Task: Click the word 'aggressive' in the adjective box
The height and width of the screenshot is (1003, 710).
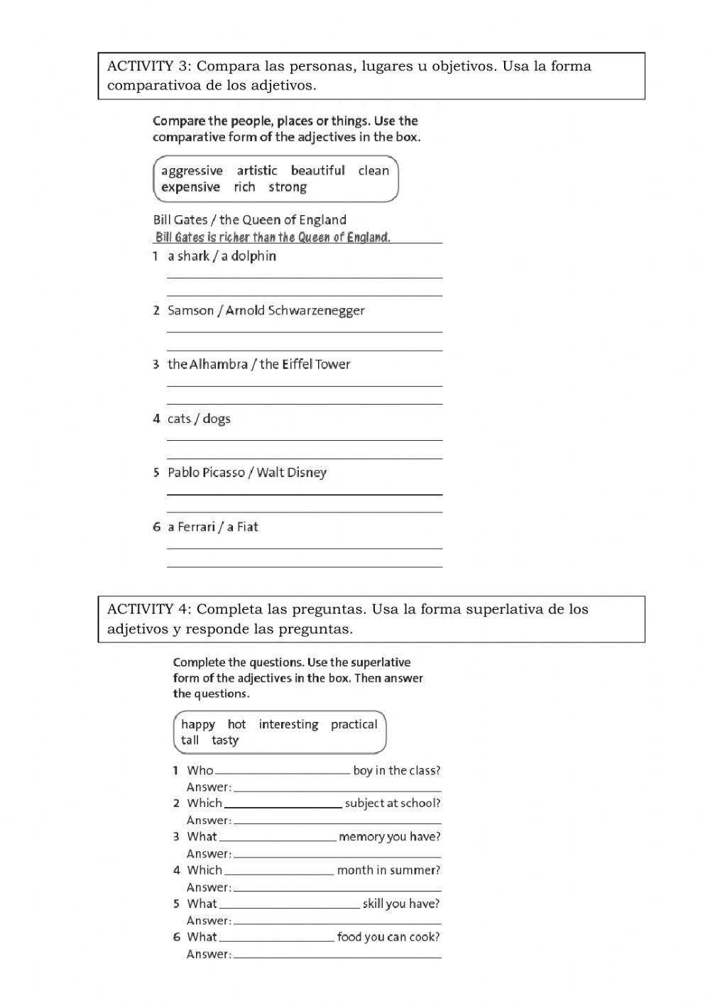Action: coord(192,170)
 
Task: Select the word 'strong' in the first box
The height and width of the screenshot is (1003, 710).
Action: coord(288,187)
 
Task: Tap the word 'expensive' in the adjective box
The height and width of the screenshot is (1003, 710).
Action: coord(190,187)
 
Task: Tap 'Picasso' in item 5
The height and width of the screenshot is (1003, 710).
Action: coord(224,473)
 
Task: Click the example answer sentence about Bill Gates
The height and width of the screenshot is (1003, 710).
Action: coord(273,237)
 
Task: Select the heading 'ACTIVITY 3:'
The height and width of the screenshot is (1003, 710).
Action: coord(149,66)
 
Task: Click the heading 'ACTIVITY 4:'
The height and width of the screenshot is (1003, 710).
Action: coord(149,609)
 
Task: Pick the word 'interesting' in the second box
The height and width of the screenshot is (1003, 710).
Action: coord(288,724)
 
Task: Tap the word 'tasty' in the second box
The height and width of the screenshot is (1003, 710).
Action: coord(225,740)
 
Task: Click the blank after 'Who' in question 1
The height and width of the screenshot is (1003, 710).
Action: coord(282,771)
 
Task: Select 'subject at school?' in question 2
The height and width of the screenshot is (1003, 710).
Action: coord(392,804)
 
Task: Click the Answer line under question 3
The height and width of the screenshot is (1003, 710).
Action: coord(337,854)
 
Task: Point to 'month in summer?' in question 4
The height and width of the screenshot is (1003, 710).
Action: coord(388,870)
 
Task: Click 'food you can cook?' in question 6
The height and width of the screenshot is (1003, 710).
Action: coord(388,937)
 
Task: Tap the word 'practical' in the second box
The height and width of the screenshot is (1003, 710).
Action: coord(354,724)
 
